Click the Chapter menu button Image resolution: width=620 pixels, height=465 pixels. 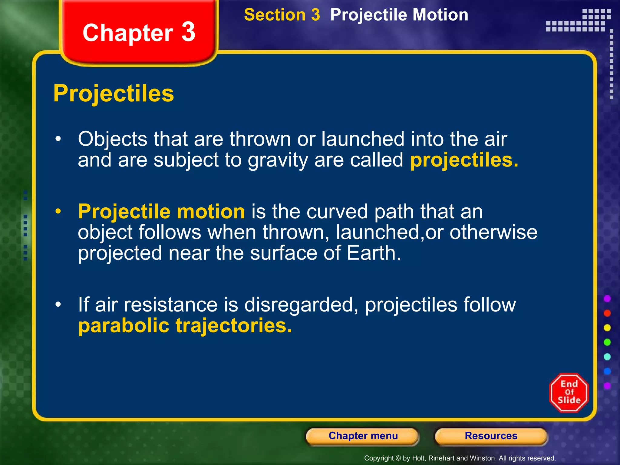(363, 436)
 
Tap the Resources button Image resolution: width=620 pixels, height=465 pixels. (491, 436)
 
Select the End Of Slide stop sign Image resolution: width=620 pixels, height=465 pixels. (569, 392)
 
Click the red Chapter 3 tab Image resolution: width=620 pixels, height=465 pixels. (139, 32)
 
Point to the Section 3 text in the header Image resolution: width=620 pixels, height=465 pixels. (282, 15)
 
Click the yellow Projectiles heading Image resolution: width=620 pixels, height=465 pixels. (114, 94)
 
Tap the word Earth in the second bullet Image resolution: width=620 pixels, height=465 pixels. (374, 253)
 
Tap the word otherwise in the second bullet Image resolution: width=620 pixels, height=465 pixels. (493, 232)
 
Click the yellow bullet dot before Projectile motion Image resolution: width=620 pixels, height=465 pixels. (58, 211)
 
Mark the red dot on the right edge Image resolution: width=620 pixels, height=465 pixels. (607, 313)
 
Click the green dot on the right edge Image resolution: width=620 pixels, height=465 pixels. (607, 342)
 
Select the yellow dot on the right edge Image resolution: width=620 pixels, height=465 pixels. (607, 328)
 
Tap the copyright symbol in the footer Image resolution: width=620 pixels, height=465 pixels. (398, 458)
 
